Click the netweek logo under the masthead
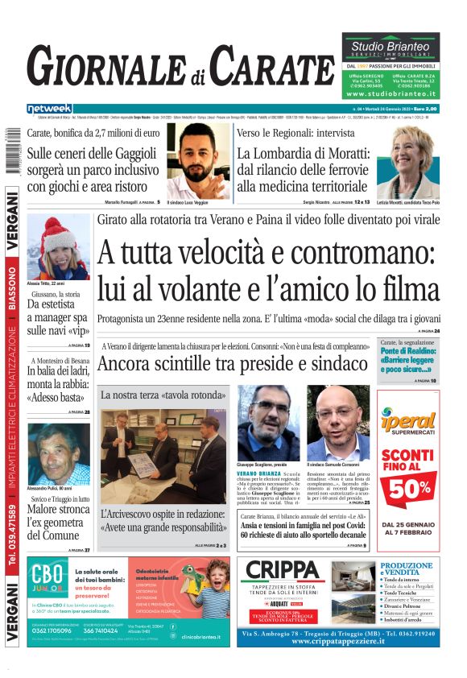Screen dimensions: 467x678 (x=49, y=109)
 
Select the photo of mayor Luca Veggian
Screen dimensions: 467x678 (x=197, y=161)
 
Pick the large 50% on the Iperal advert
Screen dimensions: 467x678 (x=408, y=488)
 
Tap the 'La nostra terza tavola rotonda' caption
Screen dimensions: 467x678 (x=163, y=395)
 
